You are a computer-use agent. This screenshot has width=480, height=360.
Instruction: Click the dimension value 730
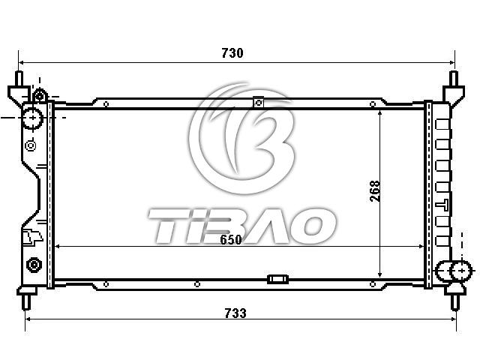click(x=232, y=53)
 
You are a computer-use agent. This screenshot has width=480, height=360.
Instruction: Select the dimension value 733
click(x=235, y=313)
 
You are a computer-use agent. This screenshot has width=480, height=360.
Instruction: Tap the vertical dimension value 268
click(x=375, y=191)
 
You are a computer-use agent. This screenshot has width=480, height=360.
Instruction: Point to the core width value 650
click(x=231, y=239)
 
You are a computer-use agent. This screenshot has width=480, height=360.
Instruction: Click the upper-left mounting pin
click(x=19, y=79)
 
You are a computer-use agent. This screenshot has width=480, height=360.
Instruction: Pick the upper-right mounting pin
click(x=454, y=79)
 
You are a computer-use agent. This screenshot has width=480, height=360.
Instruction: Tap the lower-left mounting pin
click(x=27, y=302)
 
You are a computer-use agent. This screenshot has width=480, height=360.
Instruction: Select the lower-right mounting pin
click(x=455, y=302)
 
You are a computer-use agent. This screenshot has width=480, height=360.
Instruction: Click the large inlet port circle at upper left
click(x=32, y=118)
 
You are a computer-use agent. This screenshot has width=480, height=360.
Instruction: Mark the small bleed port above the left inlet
click(x=39, y=96)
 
